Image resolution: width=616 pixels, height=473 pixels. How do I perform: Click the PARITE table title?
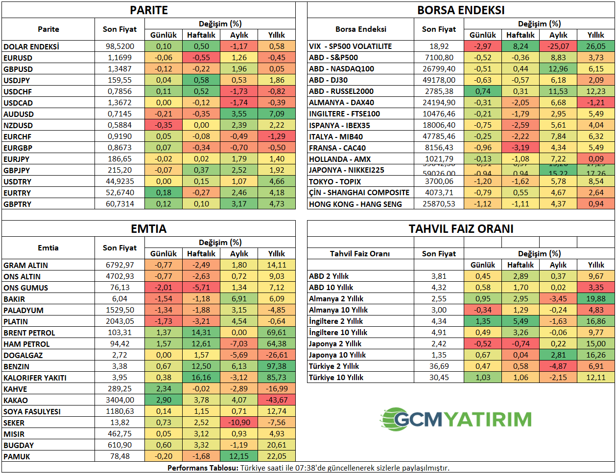149,10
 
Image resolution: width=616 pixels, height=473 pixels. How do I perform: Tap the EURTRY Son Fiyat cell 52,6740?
120,193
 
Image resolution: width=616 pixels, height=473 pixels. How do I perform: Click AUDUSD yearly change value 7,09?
277,114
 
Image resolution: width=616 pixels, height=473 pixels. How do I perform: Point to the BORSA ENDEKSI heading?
461,10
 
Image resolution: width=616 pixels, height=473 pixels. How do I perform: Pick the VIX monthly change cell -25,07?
558,46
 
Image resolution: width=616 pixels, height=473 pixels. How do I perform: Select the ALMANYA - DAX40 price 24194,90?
439,103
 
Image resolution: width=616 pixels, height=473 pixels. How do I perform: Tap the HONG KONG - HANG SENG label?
355,204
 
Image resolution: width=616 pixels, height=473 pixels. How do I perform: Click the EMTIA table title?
149,229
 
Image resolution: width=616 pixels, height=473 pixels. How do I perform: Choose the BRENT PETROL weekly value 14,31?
201,333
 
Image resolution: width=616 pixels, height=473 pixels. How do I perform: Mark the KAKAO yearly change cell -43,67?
277,400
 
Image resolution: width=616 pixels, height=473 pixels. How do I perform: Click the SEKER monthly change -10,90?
239,423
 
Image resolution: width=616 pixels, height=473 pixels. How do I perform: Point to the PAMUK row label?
17,456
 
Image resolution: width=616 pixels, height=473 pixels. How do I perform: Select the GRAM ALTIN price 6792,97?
120,265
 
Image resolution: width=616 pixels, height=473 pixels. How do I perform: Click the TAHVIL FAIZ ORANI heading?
461,229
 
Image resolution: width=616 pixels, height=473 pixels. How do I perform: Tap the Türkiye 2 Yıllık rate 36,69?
439,366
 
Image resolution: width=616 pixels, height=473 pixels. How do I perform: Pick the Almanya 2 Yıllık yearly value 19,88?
596,299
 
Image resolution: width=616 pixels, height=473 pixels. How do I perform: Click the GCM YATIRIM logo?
456,419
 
